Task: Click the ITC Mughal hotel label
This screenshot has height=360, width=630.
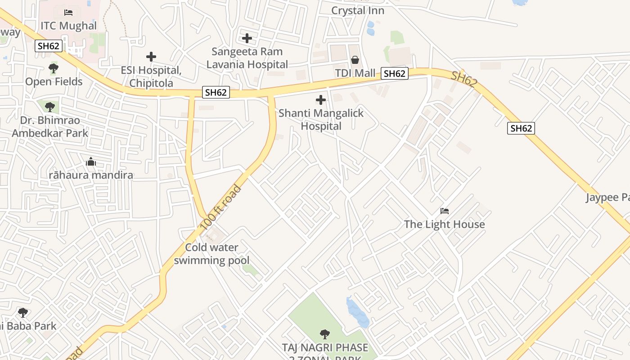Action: coord(68,26)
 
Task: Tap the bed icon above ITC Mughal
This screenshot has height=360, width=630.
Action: coord(68,12)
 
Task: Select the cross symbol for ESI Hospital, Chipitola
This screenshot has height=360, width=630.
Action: coord(151,57)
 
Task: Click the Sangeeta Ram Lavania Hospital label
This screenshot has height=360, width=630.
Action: coord(247,58)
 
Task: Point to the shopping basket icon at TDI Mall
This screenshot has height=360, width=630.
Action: coord(355,60)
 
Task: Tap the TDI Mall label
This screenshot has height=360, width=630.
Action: coord(355,73)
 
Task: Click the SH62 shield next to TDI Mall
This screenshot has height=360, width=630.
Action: coord(395,73)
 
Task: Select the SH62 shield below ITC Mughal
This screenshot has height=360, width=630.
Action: coord(49,45)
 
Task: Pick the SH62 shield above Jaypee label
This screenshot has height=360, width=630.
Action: coord(521,128)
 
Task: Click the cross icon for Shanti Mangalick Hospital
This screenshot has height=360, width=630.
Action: coord(321,99)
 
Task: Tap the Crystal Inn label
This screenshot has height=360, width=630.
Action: coord(358,10)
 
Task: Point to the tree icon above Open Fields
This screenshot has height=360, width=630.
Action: coord(54,68)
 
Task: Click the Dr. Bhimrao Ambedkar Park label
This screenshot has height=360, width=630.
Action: coord(50,127)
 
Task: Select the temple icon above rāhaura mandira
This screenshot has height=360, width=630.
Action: coord(91,162)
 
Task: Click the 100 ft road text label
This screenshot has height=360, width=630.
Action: coord(221,207)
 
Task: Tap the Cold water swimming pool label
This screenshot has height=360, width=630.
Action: coord(211,254)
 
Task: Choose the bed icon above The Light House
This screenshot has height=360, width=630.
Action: coord(445,211)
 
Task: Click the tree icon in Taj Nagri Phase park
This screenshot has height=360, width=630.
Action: coord(324,334)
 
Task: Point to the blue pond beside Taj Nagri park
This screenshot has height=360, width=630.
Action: coord(358,312)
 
